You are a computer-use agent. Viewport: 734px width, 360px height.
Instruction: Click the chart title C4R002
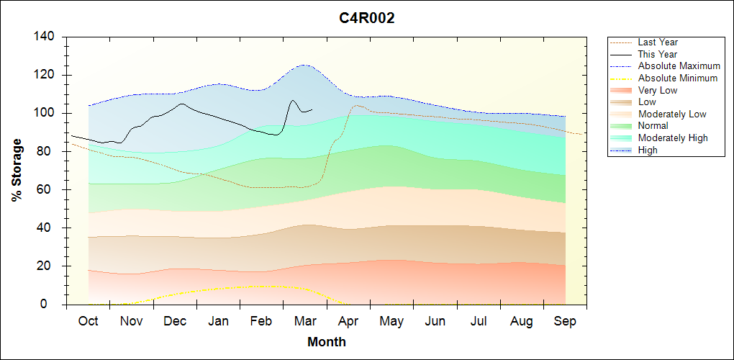367,18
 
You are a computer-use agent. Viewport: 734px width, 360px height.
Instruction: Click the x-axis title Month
327,341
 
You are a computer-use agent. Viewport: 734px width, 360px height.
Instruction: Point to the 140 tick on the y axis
47,37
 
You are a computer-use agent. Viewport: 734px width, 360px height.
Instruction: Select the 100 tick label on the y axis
47,113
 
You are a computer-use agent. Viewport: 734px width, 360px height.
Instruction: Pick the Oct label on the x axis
89,321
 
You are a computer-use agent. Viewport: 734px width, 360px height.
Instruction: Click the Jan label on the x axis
219,321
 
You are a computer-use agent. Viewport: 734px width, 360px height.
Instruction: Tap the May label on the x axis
391,321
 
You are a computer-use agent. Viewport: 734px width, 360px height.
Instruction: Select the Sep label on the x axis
565,321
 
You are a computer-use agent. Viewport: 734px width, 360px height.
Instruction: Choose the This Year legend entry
657,54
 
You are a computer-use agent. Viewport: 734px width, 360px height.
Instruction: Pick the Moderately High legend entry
673,138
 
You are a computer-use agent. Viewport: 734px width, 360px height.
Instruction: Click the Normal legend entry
653,126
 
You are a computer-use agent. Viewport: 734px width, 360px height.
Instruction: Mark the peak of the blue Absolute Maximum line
304,65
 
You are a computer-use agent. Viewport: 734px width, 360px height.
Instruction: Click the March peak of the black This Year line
293,100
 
